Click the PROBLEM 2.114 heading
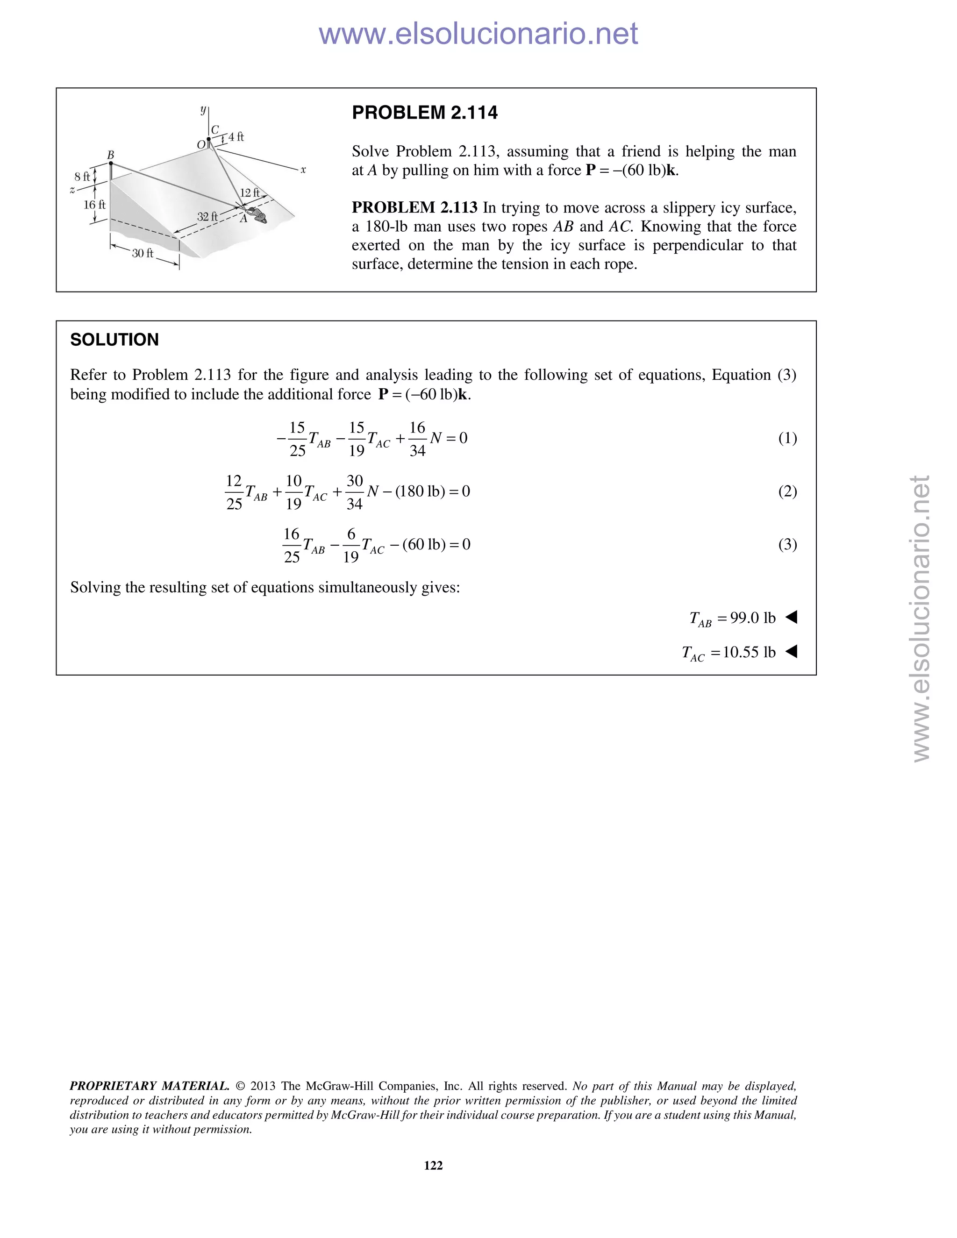(x=425, y=113)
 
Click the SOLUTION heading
(x=114, y=340)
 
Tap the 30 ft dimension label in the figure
(x=143, y=253)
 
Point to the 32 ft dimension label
(x=207, y=217)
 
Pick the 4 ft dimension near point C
(x=236, y=136)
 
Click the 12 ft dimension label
(x=250, y=193)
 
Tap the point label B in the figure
(x=111, y=155)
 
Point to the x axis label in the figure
(x=303, y=170)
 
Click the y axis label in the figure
(x=203, y=109)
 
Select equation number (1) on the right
(x=787, y=438)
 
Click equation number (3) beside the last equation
(x=787, y=545)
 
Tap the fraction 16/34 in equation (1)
(x=417, y=439)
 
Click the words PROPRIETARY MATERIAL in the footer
(x=149, y=1086)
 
